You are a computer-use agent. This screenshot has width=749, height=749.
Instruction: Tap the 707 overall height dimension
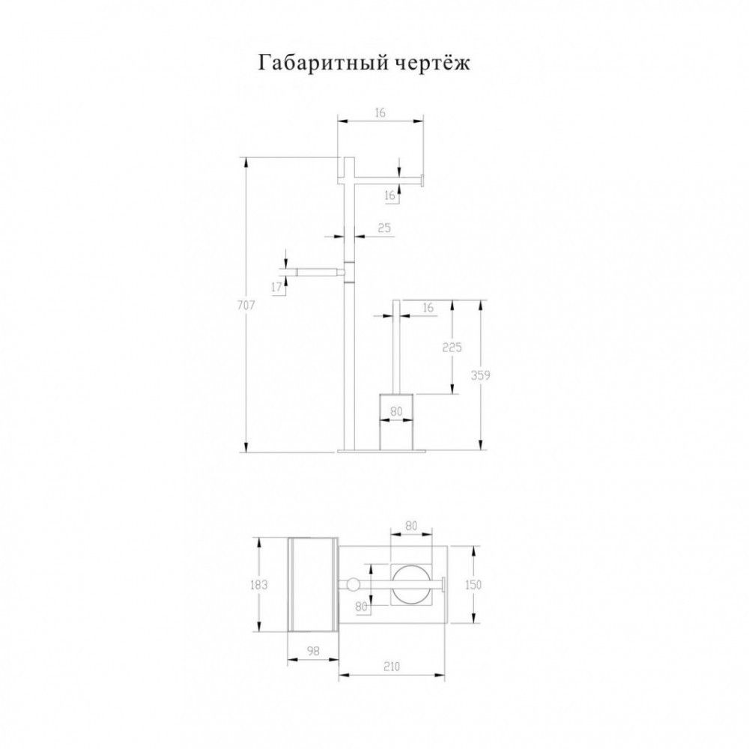click(x=246, y=305)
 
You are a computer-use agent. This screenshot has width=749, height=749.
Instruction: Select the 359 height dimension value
click(x=481, y=375)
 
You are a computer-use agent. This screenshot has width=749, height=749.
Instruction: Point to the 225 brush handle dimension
click(x=452, y=348)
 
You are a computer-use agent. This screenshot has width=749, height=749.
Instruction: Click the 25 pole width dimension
click(x=384, y=228)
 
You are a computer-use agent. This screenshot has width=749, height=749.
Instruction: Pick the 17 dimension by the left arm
click(x=276, y=287)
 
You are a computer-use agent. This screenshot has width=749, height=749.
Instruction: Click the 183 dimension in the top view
click(x=258, y=585)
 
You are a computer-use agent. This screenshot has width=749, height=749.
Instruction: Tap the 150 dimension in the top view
click(x=473, y=585)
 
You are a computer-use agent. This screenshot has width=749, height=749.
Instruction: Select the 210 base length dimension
click(x=391, y=666)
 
